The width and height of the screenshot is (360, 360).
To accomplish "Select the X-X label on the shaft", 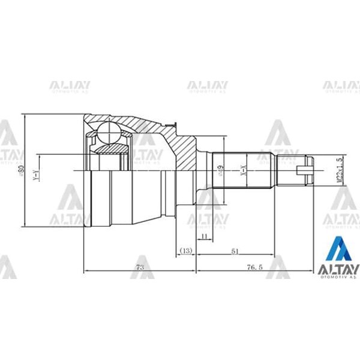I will pos(243,170).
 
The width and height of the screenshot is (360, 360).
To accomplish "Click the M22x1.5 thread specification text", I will pos(340,170).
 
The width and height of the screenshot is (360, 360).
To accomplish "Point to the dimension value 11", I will pos(204,237).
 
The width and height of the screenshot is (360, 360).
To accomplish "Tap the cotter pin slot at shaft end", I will pos(307,170).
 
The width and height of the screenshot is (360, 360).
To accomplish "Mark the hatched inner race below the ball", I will pos(110,148).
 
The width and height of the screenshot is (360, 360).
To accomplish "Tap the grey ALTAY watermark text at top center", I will pos(207,85).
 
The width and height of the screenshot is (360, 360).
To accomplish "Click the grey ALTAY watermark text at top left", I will pos(70,85).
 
